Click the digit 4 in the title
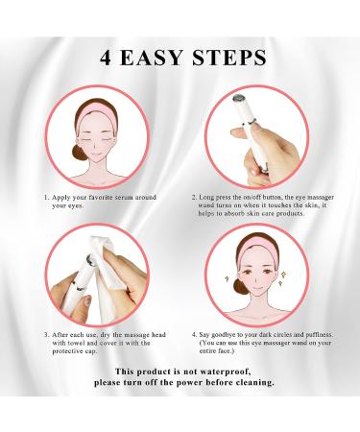click(x=103, y=57)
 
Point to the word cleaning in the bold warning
click(x=248, y=381)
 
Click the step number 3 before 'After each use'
click(x=45, y=334)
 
